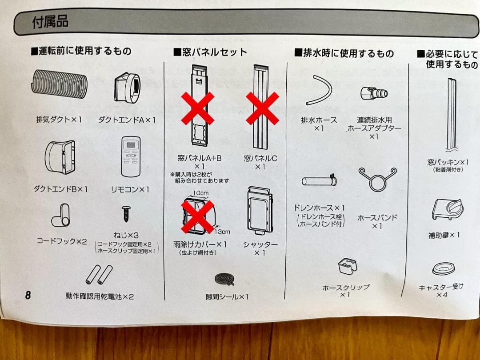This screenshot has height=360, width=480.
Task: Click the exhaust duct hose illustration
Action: point(60,84)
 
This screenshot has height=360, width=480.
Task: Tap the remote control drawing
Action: point(131,156)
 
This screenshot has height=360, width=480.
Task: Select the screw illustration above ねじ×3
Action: point(126,214)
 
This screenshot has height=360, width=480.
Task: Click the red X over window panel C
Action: point(262,108)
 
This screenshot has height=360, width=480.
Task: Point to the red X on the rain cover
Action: point(198,216)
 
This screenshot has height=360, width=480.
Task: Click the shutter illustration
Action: point(260,211)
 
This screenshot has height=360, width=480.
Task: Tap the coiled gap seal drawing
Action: point(225,279)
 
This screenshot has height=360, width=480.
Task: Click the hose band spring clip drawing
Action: point(377,179)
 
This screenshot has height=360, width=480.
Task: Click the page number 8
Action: point(28,295)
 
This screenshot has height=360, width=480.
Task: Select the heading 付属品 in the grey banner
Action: point(50,22)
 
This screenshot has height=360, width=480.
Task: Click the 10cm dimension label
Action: point(200,193)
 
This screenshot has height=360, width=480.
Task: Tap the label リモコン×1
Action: point(130,189)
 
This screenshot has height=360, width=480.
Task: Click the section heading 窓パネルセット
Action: point(210,52)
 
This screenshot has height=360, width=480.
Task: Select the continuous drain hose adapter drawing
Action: point(374,93)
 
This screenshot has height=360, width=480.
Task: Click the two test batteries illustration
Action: point(99,275)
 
